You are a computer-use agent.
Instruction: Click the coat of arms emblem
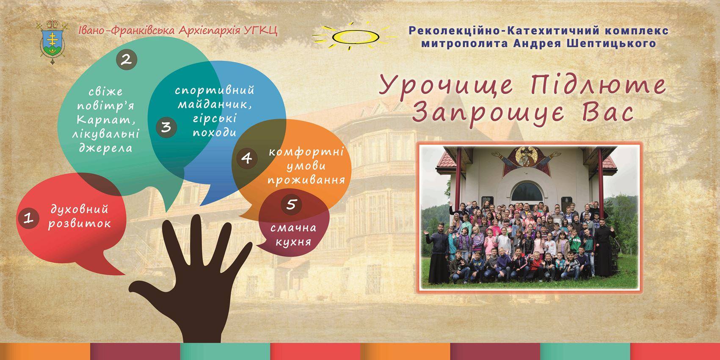[52, 42]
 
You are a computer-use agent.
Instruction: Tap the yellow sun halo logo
[353, 36]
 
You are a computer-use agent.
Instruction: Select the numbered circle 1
[29, 218]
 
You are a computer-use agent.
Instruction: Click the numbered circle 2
[127, 60]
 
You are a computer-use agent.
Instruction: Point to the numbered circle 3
[166, 127]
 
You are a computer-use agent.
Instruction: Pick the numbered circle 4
[247, 158]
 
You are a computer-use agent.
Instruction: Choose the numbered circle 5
[291, 204]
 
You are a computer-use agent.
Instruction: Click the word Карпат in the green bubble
[106, 120]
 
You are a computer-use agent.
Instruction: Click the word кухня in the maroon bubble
[293, 242]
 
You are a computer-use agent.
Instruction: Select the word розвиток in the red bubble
[80, 224]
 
